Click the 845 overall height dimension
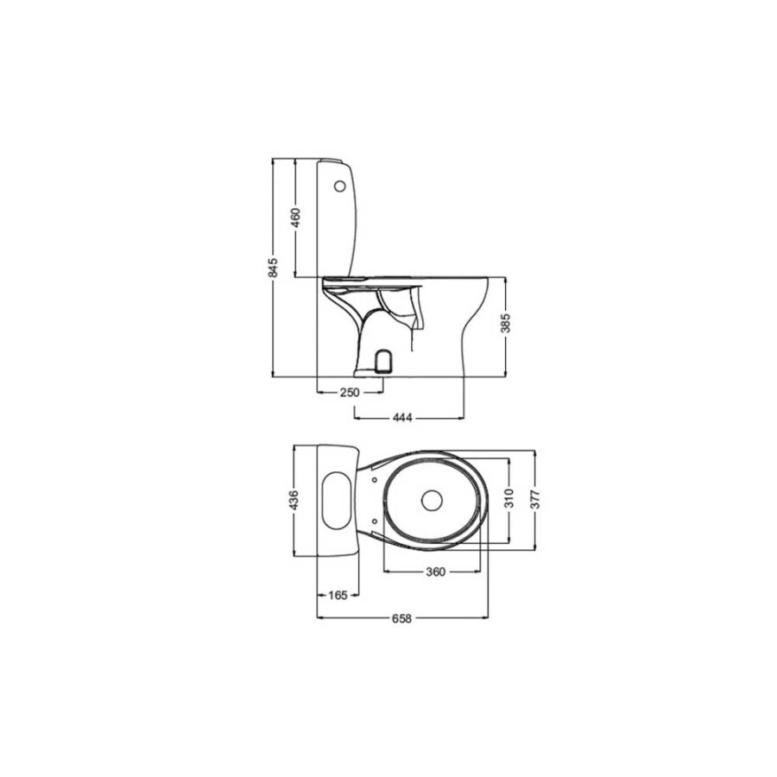coord(273,268)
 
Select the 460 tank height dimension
coord(295,218)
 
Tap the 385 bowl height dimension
coord(505,324)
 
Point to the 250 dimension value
coord(350,393)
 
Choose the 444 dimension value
coord(402,418)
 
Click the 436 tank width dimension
coord(294,501)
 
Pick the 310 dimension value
coord(509,498)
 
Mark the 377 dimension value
coord(534,499)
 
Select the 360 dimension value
coord(436,572)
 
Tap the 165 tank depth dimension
coord(338,595)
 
